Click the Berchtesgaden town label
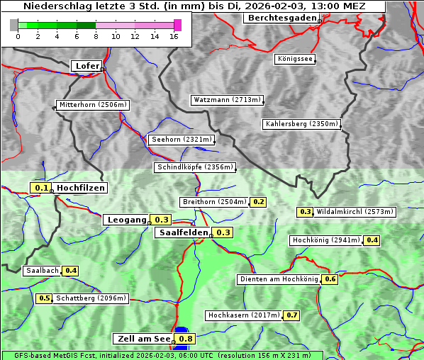pyautogui.click(x=281, y=18)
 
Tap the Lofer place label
pyautogui.click(x=87, y=66)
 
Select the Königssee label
pyautogui.click(x=295, y=59)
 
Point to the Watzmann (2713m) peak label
pyautogui.click(x=227, y=100)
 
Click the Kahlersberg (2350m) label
pyautogui.click(x=302, y=124)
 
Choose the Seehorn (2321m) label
pyautogui.click(x=182, y=140)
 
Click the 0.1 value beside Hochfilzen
pyautogui.click(x=41, y=188)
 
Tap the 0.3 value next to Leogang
pyautogui.click(x=162, y=220)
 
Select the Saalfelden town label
pyautogui.click(x=183, y=232)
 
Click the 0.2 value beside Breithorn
pyautogui.click(x=258, y=202)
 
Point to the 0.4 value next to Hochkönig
pyautogui.click(x=372, y=240)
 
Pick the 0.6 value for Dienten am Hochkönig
pyautogui.click(x=330, y=279)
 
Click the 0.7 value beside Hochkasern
pyautogui.click(x=292, y=315)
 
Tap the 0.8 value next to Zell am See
pyautogui.click(x=186, y=339)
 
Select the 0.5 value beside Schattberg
pyautogui.click(x=44, y=298)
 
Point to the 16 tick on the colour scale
pyautogui.click(x=174, y=36)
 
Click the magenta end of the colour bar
pyautogui.click(x=177, y=25)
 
